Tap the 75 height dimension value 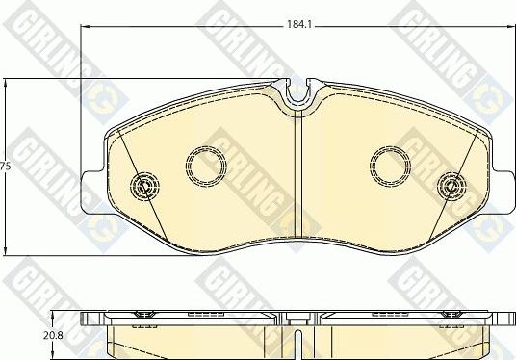5,167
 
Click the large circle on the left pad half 204,166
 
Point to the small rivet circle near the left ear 145,185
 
